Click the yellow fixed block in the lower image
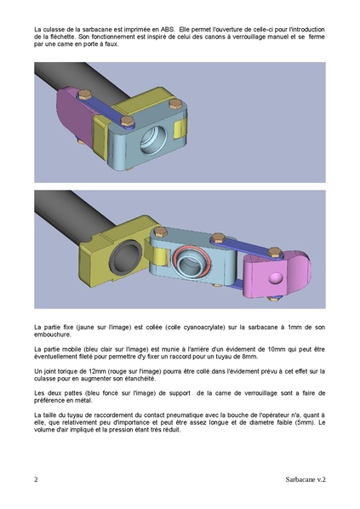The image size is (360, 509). tap(119, 247)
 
